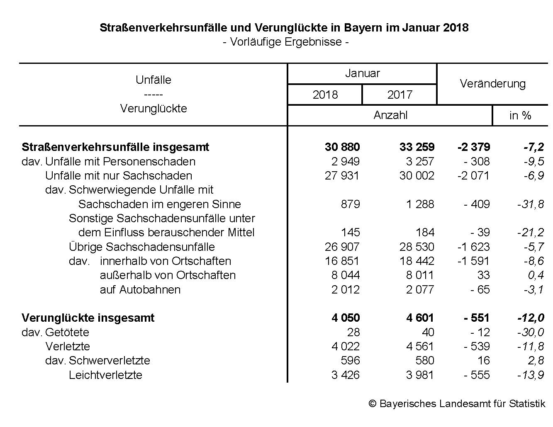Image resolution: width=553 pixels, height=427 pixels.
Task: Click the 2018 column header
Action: pyautogui.click(x=325, y=95)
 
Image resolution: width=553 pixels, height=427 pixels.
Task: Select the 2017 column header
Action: pyautogui.click(x=400, y=95)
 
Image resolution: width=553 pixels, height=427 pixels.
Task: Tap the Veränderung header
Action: pyautogui.click(x=492, y=84)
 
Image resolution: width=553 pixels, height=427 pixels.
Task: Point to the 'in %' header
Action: pyautogui.click(x=520, y=116)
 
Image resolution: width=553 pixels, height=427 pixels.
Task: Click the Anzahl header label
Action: pyautogui.click(x=390, y=115)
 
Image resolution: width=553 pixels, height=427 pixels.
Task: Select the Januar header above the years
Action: pyautogui.click(x=362, y=73)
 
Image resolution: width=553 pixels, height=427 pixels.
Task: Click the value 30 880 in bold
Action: pyautogui.click(x=342, y=147)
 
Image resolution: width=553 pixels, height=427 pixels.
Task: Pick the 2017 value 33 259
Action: pyautogui.click(x=417, y=147)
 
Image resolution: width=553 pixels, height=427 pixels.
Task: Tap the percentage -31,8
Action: pyautogui.click(x=530, y=204)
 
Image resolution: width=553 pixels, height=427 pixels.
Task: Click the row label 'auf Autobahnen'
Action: pyautogui.click(x=140, y=289)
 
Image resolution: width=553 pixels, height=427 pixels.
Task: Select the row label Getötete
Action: pyautogui.click(x=67, y=332)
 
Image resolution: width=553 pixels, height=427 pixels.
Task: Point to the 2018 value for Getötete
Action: pyautogui.click(x=353, y=332)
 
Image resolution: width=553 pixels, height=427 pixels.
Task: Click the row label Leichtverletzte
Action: pyautogui.click(x=105, y=375)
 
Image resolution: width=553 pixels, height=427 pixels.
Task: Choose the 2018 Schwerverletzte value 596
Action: pyautogui.click(x=349, y=361)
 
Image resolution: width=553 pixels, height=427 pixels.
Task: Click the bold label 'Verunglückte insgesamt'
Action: pyautogui.click(x=88, y=318)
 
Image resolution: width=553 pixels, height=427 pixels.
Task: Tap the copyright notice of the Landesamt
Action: pyautogui.click(x=457, y=403)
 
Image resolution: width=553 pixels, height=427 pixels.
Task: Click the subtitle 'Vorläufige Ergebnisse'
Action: pyautogui.click(x=285, y=42)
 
